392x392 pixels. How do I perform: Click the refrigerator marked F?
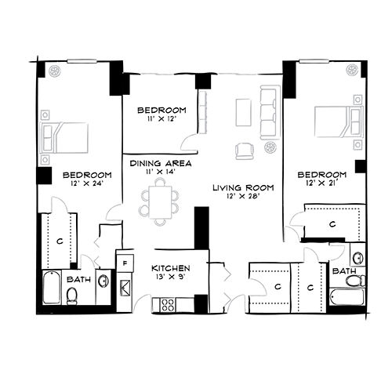click(125, 263)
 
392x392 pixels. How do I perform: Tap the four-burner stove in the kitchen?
click(167, 305)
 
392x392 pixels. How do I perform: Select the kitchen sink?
click(125, 288)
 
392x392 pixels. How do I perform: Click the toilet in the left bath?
click(71, 296)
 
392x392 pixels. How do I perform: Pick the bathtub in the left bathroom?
click(52, 288)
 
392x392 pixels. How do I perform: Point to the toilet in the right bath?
click(355, 281)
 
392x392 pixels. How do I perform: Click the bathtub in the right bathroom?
click(347, 297)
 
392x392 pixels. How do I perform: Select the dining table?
click(160, 202)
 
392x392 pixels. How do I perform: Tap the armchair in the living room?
click(245, 151)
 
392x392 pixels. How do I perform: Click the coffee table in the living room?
click(243, 112)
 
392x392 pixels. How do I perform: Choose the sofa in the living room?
click(268, 112)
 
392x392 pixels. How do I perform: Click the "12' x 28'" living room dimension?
click(243, 196)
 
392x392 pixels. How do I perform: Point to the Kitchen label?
click(171, 268)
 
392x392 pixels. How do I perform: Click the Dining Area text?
click(161, 164)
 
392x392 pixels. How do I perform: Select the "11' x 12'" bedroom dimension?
click(162, 119)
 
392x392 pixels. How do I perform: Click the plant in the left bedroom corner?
click(55, 71)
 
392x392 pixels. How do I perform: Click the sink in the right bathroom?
click(358, 258)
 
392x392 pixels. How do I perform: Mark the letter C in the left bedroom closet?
click(60, 241)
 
